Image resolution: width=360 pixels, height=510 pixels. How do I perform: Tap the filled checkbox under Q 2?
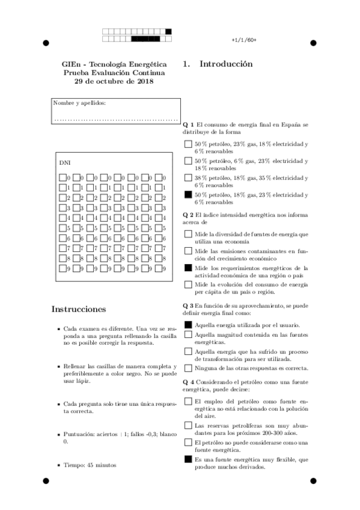188,268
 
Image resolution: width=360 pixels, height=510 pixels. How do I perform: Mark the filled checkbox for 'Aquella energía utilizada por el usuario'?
188,324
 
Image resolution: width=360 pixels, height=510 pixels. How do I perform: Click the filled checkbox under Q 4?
188,459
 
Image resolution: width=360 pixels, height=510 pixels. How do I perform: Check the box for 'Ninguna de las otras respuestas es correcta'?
188,367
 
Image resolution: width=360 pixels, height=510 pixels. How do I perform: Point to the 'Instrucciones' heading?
79,309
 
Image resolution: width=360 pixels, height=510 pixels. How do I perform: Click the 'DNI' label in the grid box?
64,163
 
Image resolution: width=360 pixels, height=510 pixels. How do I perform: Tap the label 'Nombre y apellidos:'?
79,103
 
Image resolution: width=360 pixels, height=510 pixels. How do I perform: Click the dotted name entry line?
116,119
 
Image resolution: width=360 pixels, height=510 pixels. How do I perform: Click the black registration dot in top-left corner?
46,43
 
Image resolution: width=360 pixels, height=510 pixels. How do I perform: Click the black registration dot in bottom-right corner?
313,481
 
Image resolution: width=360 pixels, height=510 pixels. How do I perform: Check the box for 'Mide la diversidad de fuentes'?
188,234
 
